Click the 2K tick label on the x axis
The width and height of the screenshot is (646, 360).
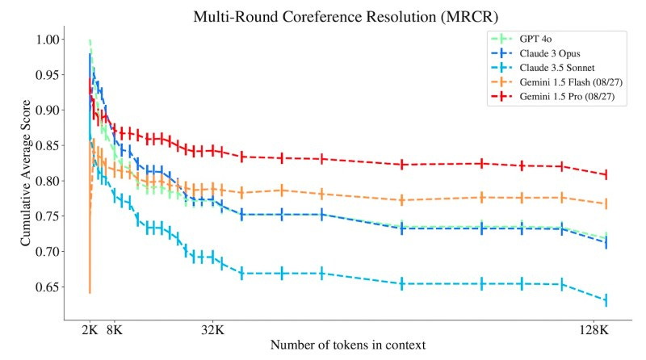tap(90, 329)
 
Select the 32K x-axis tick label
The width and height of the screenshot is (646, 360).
tap(212, 329)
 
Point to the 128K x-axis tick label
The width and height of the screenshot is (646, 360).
tap(594, 329)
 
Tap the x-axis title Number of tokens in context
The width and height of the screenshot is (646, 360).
tap(347, 345)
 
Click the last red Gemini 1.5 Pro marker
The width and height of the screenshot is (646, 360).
tap(605, 174)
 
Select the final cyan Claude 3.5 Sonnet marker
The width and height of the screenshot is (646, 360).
tap(605, 300)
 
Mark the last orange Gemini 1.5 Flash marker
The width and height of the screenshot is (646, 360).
tap(605, 204)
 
